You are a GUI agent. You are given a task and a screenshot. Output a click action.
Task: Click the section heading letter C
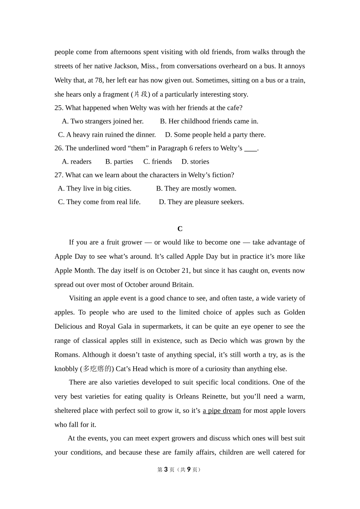[x=180, y=229]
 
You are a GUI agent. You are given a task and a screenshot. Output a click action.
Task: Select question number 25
[x=58, y=108]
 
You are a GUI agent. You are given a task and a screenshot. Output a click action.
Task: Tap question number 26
[x=58, y=148]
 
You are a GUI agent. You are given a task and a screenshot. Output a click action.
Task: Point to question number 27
[x=58, y=175]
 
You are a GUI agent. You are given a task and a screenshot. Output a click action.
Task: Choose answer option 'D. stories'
[x=195, y=162]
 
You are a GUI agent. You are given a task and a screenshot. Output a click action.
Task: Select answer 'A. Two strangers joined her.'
[x=103, y=122]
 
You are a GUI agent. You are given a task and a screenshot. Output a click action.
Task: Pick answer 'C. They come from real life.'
[x=99, y=202]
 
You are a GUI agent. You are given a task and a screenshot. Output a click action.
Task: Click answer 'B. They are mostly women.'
[x=196, y=189]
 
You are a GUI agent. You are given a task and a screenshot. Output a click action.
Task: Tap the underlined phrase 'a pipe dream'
[x=222, y=411]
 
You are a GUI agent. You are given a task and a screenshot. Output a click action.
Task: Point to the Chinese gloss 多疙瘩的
[x=97, y=369]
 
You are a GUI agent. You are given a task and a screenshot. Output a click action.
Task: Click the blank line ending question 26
[x=250, y=148]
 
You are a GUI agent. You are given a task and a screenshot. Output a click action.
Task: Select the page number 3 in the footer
[x=166, y=470]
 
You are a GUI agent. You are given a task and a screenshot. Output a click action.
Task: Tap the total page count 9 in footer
[x=189, y=470]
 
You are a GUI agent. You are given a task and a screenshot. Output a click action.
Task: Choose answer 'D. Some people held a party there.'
[x=215, y=135]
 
